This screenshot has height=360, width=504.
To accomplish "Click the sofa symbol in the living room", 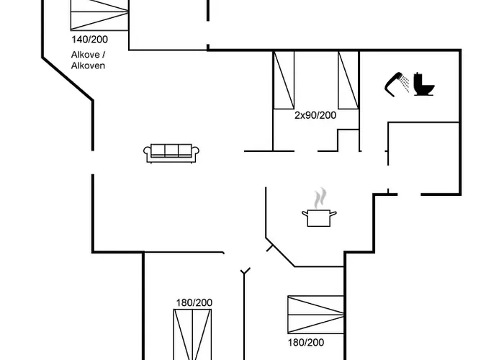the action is [x=171, y=153].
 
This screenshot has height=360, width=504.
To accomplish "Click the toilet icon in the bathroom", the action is [x=424, y=84].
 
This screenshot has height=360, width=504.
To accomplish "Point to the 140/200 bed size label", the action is [x=90, y=40].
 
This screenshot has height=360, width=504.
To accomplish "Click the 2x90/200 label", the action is [x=315, y=115].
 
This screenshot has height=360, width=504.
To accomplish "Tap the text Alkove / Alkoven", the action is [x=88, y=60].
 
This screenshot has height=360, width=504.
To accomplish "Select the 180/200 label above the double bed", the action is [x=194, y=303].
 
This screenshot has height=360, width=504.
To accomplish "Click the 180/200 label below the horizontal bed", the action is [x=306, y=343].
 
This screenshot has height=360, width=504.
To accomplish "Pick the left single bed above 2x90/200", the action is [x=284, y=80].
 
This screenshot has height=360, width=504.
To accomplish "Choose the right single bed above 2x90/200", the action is [x=348, y=80].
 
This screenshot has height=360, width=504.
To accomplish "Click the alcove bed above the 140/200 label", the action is [x=99, y=15].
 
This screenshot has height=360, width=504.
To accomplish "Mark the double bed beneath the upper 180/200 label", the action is [x=192, y=335].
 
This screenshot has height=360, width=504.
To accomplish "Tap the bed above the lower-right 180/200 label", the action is [x=316, y=315].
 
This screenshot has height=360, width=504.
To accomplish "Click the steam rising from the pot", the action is [x=320, y=198].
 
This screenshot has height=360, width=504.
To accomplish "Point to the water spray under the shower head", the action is [x=405, y=84].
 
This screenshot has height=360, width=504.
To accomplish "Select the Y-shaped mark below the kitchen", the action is [x=246, y=271].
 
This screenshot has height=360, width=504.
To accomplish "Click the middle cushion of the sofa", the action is [x=171, y=150].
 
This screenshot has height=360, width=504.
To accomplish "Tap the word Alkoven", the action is [x=88, y=66].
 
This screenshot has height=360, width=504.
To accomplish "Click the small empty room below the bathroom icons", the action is [x=423, y=158].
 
